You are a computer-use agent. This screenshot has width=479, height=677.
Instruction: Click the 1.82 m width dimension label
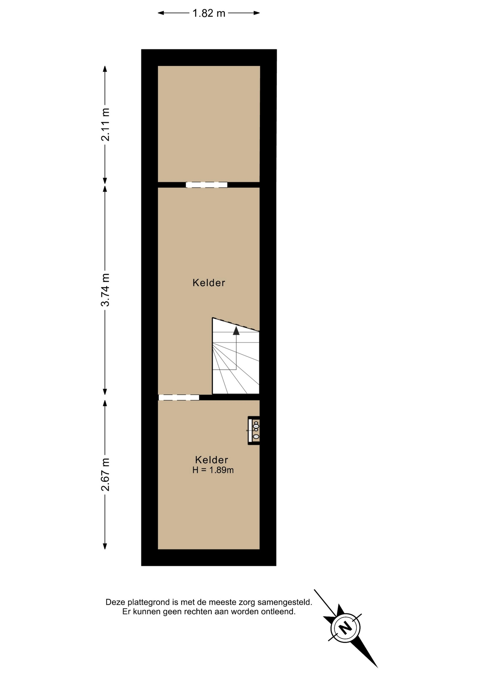tap(209, 13)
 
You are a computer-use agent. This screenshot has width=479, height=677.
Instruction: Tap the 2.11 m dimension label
tap(105, 124)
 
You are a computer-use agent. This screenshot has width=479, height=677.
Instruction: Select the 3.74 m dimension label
tap(105, 289)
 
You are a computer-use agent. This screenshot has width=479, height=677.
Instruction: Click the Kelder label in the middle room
tap(209, 283)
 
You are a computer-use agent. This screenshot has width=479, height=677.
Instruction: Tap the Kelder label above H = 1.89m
tap(212, 460)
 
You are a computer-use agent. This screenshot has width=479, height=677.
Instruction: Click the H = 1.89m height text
tap(213, 470)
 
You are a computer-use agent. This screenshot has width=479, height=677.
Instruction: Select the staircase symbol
tap(236, 356)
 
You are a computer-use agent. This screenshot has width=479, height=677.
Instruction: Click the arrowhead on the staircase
tap(236, 330)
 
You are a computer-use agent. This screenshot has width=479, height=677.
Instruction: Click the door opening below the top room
tap(207, 185)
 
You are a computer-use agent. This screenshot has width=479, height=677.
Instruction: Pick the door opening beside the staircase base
tap(179, 397)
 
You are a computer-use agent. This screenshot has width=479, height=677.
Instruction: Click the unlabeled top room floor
tap(209, 124)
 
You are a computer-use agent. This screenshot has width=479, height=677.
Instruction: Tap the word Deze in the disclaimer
tap(116, 602)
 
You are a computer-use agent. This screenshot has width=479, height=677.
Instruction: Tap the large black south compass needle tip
tap(377, 667)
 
